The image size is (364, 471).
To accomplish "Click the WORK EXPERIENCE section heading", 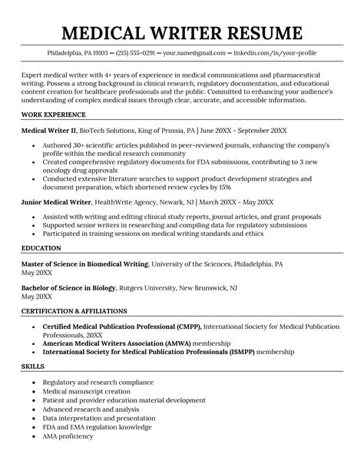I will pyautogui.click(x=53, y=114).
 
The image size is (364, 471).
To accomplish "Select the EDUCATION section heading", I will pyautogui.click(x=42, y=248).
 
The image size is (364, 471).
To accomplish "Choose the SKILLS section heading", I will pyautogui.click(x=33, y=367).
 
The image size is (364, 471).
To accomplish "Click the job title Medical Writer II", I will pyautogui.click(x=51, y=131).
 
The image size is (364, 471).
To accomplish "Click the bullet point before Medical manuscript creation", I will pyautogui.click(x=34, y=391).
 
